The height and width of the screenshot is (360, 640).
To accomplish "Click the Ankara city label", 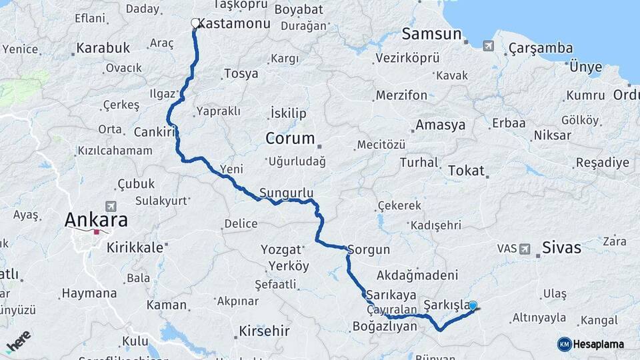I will (x=96, y=220).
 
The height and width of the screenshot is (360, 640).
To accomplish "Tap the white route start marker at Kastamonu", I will (x=195, y=23).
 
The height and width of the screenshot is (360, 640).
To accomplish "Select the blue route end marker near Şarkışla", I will (x=473, y=306).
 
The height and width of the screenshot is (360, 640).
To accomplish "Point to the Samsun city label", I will (x=432, y=34).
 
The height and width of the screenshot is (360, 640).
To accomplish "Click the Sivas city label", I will (x=562, y=248).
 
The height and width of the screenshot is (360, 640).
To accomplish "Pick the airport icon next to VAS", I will (x=525, y=249).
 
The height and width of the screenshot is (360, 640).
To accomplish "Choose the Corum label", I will (x=290, y=139).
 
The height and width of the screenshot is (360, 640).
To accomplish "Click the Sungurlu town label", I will (x=286, y=193).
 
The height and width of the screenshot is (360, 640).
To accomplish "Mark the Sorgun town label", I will (x=368, y=251).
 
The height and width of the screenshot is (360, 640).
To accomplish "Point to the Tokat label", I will (x=466, y=170).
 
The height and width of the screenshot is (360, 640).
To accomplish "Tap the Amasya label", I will (x=440, y=125).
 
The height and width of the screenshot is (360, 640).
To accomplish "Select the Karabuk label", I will (x=103, y=48).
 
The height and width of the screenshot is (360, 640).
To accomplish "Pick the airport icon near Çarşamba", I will (x=489, y=46).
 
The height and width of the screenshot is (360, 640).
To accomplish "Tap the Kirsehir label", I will (x=265, y=331).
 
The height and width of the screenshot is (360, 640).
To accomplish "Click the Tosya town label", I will (x=241, y=73).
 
